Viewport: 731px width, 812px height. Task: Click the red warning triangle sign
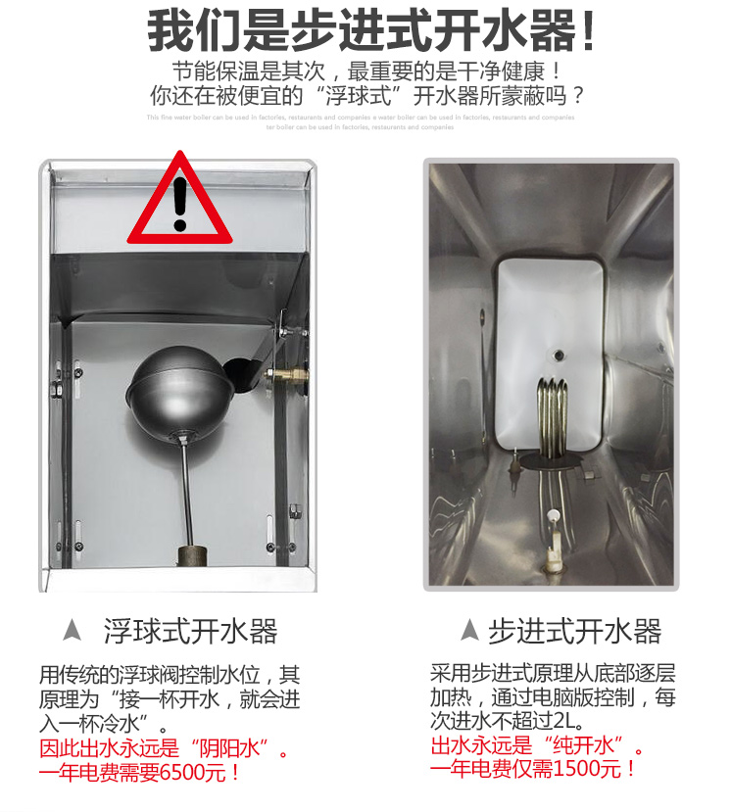coord(179,204)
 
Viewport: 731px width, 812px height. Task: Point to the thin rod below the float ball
coord(183,490)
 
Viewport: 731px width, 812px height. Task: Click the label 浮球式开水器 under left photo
coord(191,631)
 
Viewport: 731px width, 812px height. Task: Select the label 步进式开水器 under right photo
coord(575,631)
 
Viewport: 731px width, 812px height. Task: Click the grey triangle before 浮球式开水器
coord(72,631)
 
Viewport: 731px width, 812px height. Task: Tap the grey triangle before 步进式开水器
coord(469,631)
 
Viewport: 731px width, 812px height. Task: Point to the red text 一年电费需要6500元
coord(140,773)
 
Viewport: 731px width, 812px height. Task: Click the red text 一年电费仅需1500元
coord(534,768)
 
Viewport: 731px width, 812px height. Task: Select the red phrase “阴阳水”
coord(236,749)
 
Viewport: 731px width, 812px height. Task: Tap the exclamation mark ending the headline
coord(588,32)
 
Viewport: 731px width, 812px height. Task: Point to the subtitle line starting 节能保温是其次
coord(366,71)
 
